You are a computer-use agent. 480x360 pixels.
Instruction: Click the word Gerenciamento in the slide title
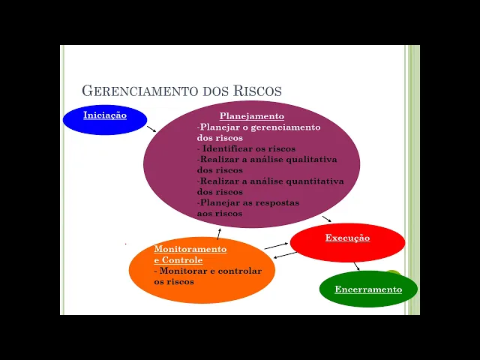pyautogui.click(x=140, y=91)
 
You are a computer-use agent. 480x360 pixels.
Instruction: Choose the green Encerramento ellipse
pyautogui.click(x=368, y=289)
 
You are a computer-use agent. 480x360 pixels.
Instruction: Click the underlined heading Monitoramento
pyautogui.click(x=190, y=249)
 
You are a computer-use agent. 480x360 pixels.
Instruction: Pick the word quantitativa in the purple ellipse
pyautogui.click(x=313, y=181)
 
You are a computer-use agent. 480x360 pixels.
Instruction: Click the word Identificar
pyautogui.click(x=229, y=148)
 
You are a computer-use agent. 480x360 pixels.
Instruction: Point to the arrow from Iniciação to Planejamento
pyautogui.click(x=151, y=128)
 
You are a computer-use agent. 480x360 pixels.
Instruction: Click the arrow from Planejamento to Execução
pyautogui.click(x=327, y=219)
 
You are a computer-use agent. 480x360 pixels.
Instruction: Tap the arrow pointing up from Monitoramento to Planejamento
pyautogui.click(x=219, y=233)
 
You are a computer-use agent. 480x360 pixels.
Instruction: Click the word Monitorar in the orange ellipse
pyautogui.click(x=184, y=271)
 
